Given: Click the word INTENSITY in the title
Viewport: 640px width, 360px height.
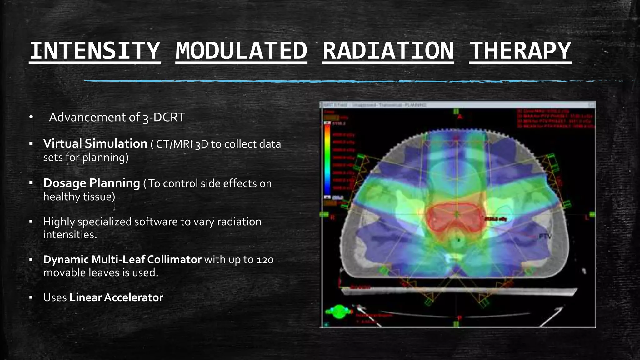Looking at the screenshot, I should pos(95,51).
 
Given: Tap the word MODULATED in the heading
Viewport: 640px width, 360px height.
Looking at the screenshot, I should pos(241,51).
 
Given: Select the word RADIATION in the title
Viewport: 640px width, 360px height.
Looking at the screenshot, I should pos(388,51).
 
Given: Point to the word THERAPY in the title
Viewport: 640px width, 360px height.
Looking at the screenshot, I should pos(520,51).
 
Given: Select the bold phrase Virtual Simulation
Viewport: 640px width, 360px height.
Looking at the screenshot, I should pos(95,144).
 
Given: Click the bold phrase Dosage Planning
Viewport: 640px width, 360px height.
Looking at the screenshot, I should pos(91,183).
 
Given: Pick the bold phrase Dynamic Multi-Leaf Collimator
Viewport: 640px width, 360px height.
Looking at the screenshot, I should pos(122,259).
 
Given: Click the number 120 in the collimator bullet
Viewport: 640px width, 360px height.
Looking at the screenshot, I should pos(265,260).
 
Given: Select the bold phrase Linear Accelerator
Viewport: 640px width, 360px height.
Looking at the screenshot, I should pos(116,297).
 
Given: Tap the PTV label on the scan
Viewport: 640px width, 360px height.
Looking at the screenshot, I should pos(545,237).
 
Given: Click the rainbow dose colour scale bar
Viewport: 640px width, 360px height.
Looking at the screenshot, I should pos(327,159).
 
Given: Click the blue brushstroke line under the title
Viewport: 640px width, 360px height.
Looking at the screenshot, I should pos(344,81).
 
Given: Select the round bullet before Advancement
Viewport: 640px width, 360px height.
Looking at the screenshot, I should pos(31,117).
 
